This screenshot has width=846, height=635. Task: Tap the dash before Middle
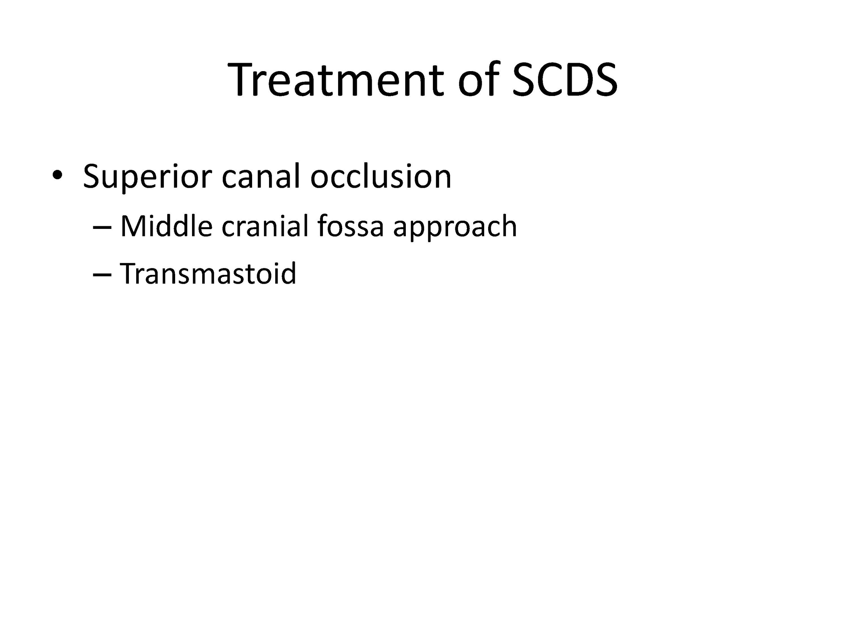pyautogui.click(x=102, y=227)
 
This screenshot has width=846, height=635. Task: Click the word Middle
pyautogui.click(x=166, y=226)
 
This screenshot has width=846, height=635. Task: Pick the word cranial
pyautogui.click(x=265, y=226)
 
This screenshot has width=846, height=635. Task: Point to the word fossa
pyautogui.click(x=350, y=226)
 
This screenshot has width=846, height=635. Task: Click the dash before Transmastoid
pyautogui.click(x=102, y=275)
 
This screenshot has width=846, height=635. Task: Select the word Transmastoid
pyautogui.click(x=209, y=273)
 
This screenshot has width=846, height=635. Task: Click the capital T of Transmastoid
pyautogui.click(x=130, y=273)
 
